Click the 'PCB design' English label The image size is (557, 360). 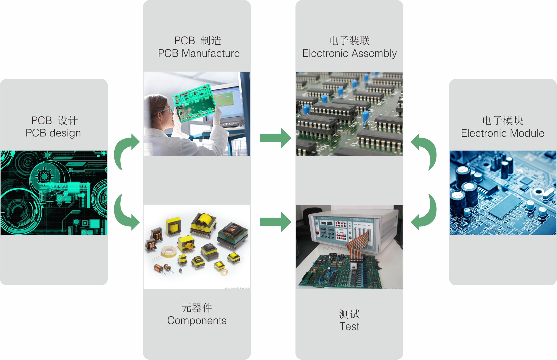(53, 133)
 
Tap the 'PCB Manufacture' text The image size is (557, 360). (199, 53)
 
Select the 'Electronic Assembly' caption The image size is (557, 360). (349, 53)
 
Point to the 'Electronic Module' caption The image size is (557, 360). (502, 133)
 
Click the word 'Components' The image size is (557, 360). (197, 321)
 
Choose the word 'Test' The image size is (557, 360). (349, 327)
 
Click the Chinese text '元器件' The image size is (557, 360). (197, 308)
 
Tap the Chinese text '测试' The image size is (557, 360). (349, 314)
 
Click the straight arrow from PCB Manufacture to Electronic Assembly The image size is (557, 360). (275, 138)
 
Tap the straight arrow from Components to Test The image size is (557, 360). (275, 222)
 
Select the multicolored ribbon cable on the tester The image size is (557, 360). (359, 244)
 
